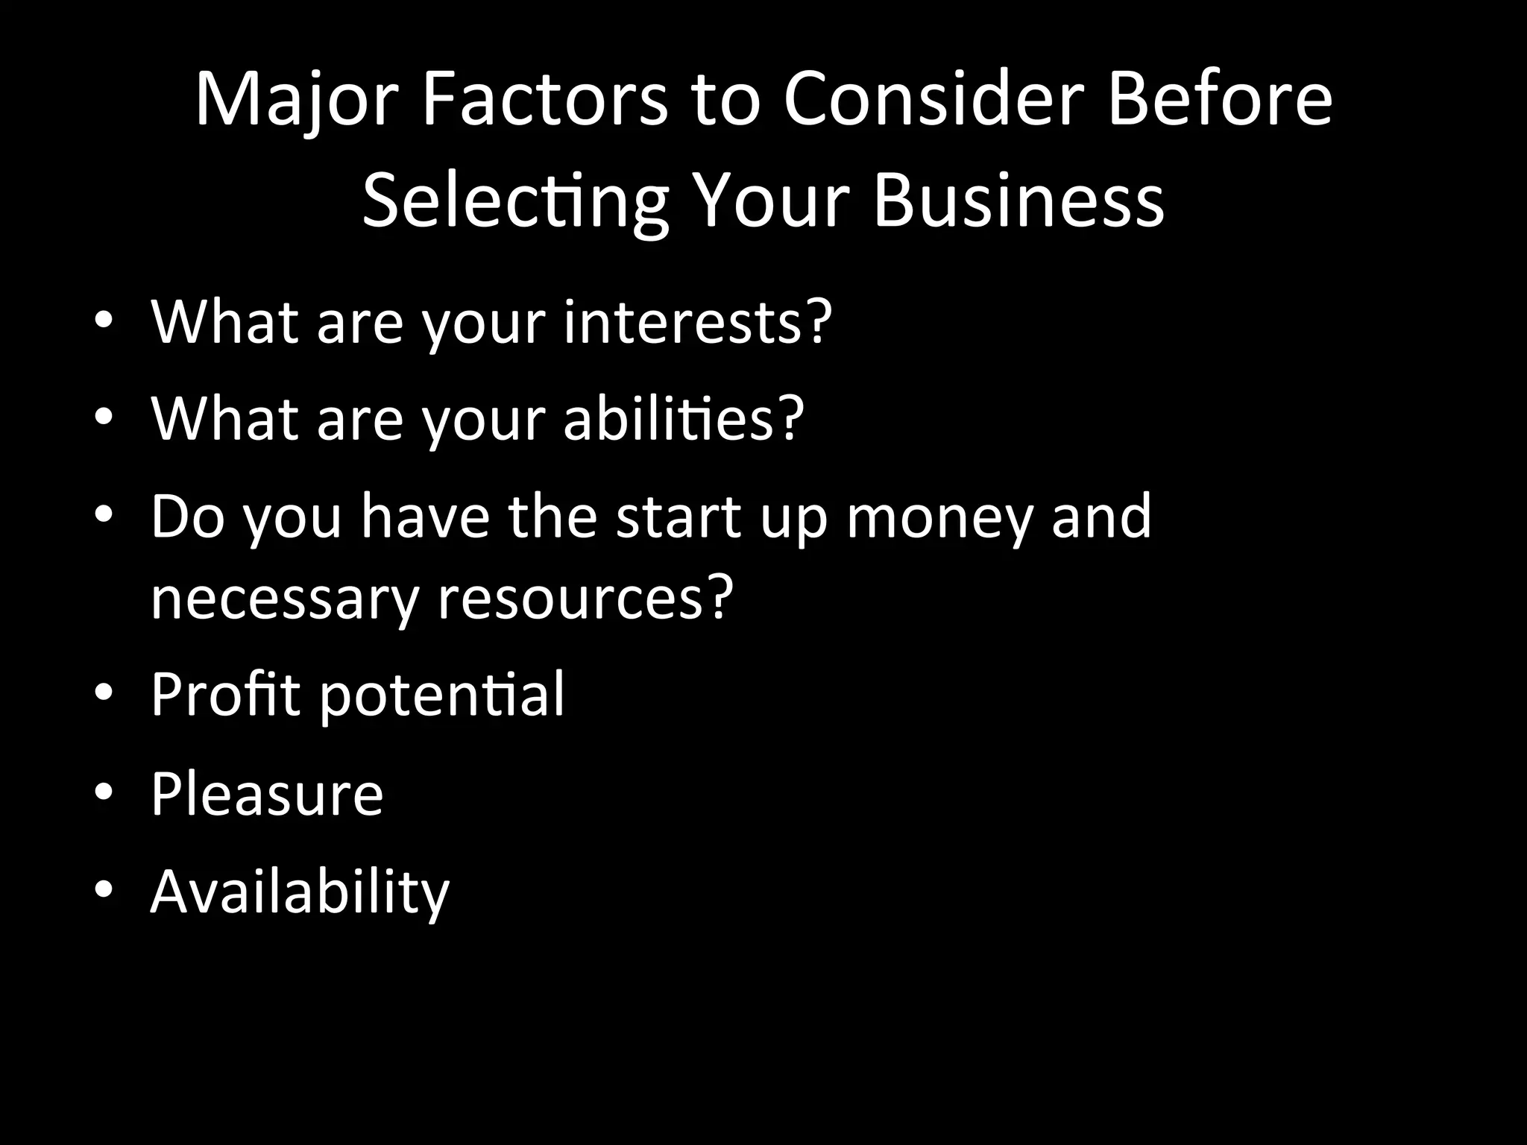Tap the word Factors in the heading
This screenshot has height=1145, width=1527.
545,101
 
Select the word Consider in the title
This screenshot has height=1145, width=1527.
932,101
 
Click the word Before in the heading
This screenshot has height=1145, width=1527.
1220,101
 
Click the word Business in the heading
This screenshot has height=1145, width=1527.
1018,201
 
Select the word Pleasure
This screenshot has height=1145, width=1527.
267,793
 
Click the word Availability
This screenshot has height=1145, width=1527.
300,892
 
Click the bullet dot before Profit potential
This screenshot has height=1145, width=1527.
104,694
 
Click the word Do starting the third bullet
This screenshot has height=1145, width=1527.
187,517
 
